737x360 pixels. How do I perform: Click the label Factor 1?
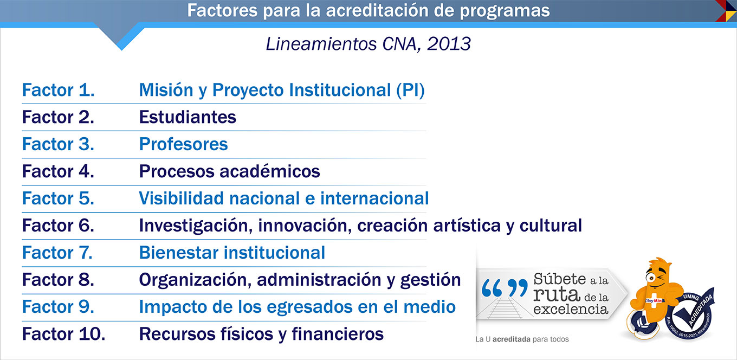pyautogui.click(x=58, y=90)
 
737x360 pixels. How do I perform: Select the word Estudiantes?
pyautogui.click(x=188, y=117)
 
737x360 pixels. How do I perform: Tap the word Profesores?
pyautogui.click(x=183, y=144)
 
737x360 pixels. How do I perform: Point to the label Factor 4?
pyautogui.click(x=58, y=171)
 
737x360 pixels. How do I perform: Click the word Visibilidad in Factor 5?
pyautogui.click(x=182, y=198)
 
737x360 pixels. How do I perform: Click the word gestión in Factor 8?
pyautogui.click(x=430, y=280)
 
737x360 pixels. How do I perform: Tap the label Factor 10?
pyautogui.click(x=64, y=333)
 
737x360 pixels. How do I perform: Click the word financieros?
pyautogui.click(x=338, y=333)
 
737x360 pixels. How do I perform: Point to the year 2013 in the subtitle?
pyautogui.click(x=449, y=44)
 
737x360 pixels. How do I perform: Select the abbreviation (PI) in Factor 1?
pyautogui.click(x=410, y=90)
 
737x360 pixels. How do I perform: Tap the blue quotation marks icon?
pyautogui.click(x=505, y=287)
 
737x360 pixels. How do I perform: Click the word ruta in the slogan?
pyautogui.click(x=557, y=294)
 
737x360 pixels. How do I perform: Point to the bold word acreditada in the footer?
pyautogui.click(x=512, y=339)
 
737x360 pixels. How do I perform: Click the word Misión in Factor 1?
pyautogui.click(x=166, y=90)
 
